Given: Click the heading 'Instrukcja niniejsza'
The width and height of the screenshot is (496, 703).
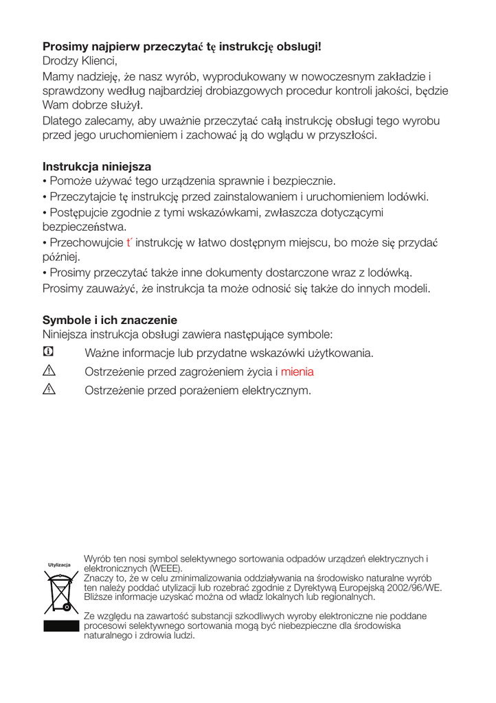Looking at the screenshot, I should (97, 167).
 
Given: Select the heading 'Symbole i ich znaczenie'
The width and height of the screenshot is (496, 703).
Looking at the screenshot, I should (110, 321).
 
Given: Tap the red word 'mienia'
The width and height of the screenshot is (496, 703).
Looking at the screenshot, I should (297, 372).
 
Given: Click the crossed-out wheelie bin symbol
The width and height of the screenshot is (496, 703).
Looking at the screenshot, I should (58, 593).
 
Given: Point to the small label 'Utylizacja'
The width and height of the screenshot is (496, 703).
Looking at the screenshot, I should (59, 565).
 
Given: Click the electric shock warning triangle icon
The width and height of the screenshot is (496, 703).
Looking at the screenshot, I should (49, 390).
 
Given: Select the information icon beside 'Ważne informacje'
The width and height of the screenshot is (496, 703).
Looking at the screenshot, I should (48, 352).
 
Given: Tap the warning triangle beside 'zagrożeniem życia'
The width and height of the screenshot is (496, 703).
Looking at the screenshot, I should (49, 371).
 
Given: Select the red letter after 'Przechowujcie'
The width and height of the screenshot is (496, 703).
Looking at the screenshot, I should (129, 242).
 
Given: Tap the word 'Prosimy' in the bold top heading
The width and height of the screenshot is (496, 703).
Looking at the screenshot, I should (65, 46).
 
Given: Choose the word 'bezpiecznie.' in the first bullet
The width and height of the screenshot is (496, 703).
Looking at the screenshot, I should (304, 182).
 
